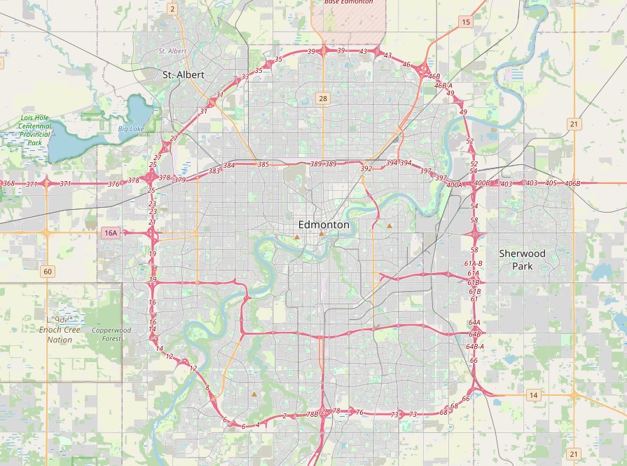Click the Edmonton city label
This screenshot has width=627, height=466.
[323, 225]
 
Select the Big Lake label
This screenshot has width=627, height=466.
[130, 128]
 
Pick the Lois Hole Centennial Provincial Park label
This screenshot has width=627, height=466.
[35, 129]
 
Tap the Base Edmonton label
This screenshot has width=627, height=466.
[348, 2]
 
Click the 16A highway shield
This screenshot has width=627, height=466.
[110, 233]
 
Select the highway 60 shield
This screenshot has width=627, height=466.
[47, 272]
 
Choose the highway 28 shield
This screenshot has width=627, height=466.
[322, 98]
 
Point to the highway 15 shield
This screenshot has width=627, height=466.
[466, 22]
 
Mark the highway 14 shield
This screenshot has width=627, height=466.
[534, 396]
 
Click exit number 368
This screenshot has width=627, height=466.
[8, 183]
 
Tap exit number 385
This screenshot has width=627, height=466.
[263, 164]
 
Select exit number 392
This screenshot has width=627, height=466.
[366, 168]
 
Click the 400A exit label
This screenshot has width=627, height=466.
[454, 185]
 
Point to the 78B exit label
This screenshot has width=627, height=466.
[312, 415]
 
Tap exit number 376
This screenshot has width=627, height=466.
[113, 184]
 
